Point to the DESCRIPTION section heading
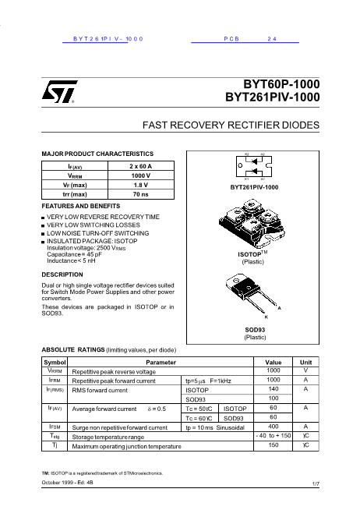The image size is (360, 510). [62, 274]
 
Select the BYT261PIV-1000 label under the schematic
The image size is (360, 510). [254, 187]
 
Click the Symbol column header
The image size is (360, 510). [55, 363]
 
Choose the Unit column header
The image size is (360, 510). [305, 363]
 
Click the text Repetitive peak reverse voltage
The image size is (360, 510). [114, 371]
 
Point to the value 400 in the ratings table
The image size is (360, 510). [273, 427]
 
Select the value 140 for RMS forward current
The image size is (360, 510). [273, 389]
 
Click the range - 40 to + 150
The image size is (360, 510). [273, 436]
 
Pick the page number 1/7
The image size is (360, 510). [315, 484]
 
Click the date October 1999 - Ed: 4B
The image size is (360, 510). [72, 483]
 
